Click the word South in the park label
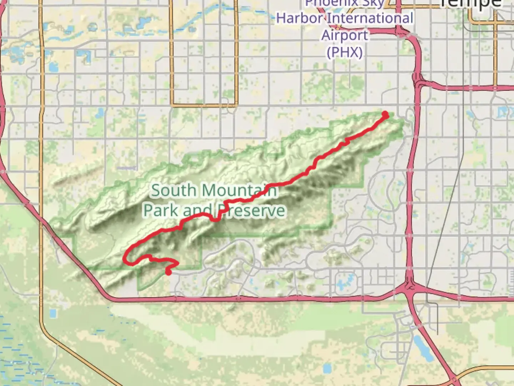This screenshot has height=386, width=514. coord(173,190)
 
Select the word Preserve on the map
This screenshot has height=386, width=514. coord(251,211)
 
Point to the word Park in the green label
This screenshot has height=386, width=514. coord(161,211)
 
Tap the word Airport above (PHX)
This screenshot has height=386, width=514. coord(344,35)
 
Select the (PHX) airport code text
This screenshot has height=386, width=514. coord(344,53)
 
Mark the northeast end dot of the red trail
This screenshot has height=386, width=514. coord(385,114)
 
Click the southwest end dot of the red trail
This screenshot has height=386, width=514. coord(168,272)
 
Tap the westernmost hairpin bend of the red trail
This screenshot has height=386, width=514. coord(125,258)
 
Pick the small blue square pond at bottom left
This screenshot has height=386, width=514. coord(53,313)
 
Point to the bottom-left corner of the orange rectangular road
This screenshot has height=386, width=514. coord(172,105)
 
